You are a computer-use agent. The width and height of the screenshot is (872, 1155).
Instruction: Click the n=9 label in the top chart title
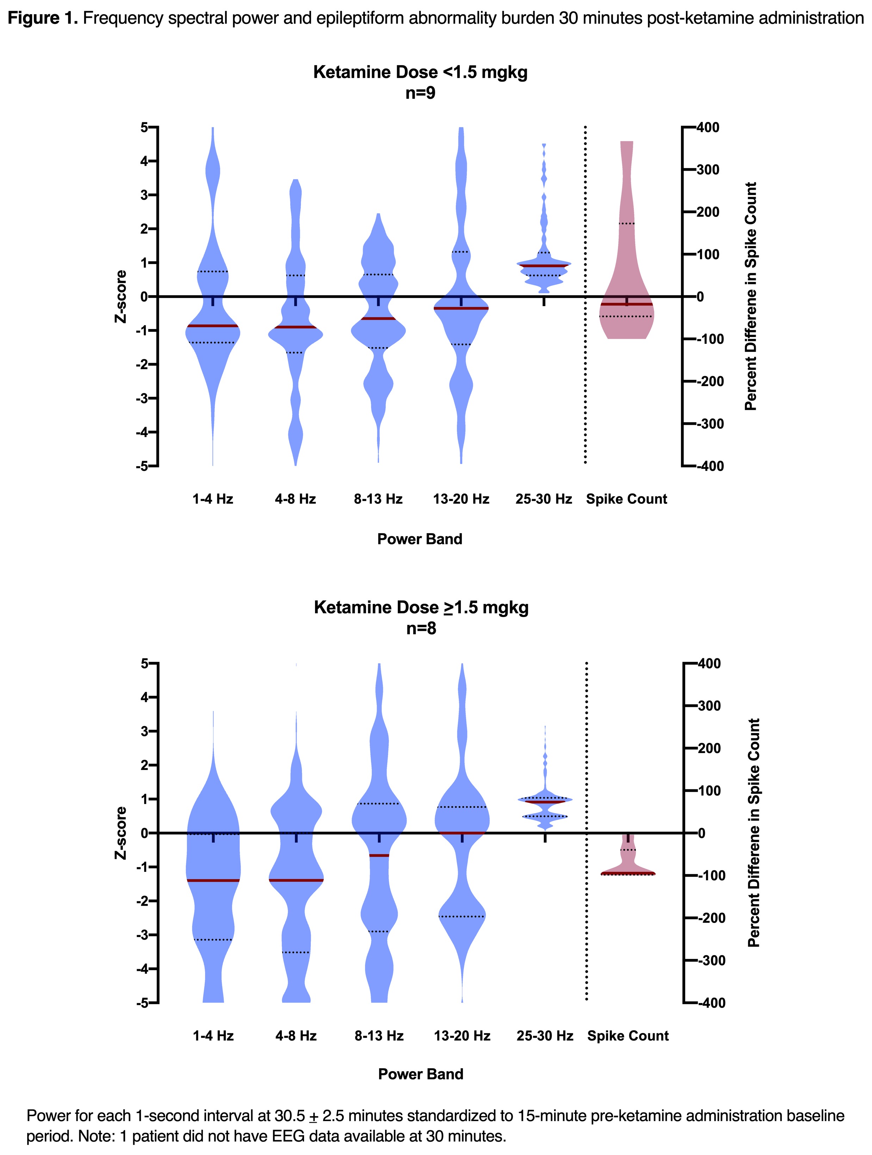click(x=420, y=93)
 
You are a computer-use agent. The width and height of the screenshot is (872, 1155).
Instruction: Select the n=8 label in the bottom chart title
click(x=421, y=628)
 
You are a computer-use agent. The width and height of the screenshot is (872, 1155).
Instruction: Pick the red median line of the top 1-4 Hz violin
click(x=212, y=326)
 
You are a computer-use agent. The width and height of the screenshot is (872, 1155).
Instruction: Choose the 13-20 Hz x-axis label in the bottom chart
click(x=462, y=1036)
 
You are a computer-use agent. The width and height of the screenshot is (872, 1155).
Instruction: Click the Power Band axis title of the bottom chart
click(x=421, y=1074)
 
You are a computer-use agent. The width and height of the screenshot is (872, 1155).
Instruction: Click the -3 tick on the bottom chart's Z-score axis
click(x=142, y=935)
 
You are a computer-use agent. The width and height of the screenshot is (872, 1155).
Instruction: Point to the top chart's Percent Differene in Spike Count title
click(x=750, y=297)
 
